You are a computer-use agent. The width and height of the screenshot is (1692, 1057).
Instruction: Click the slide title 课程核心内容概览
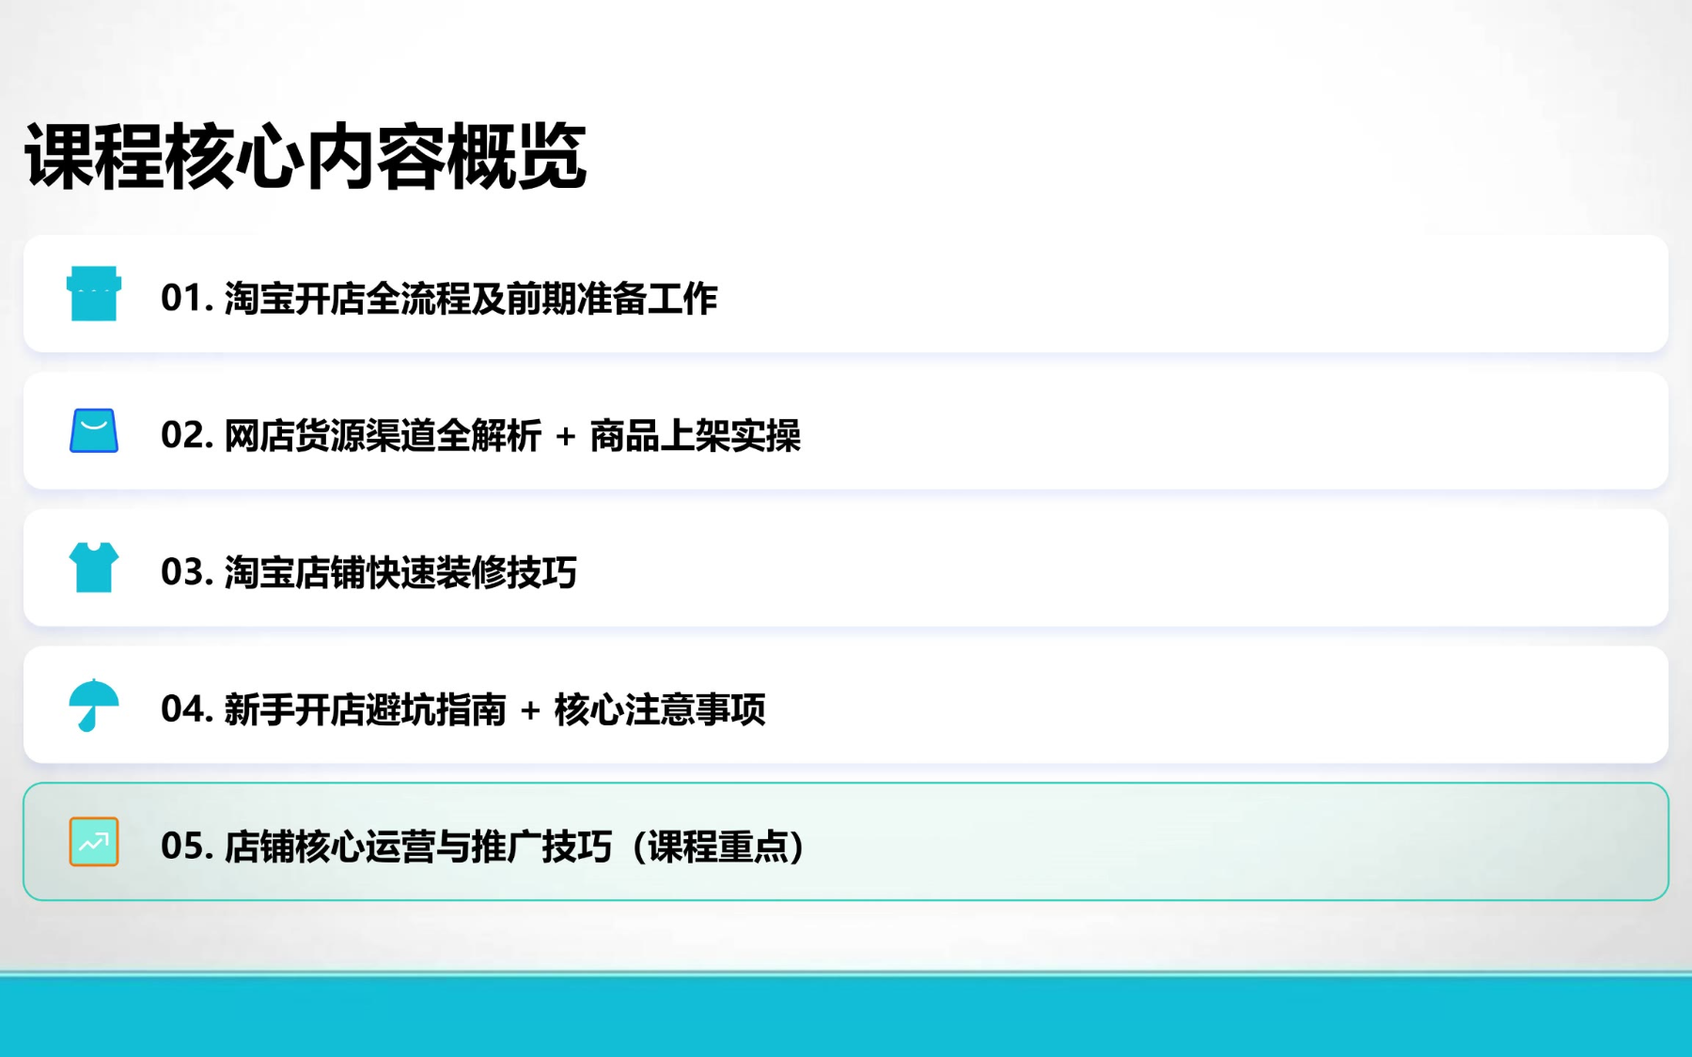(305, 156)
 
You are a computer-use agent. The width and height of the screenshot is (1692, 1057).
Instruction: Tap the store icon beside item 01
(94, 293)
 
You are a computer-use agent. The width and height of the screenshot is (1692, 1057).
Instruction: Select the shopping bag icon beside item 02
(94, 430)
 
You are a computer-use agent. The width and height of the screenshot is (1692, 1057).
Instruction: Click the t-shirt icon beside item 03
(94, 567)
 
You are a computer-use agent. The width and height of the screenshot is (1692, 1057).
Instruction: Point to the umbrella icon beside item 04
(94, 705)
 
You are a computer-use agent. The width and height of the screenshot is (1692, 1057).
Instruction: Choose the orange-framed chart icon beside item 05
(94, 842)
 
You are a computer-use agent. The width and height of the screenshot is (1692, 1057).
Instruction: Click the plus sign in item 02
(566, 437)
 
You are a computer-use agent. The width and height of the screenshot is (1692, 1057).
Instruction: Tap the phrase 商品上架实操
(696, 436)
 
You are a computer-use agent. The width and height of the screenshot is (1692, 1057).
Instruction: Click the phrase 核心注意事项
(660, 710)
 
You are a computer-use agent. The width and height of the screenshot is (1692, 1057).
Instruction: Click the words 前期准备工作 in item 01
(612, 299)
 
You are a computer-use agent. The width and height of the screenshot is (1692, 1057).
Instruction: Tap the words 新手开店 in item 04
(295, 710)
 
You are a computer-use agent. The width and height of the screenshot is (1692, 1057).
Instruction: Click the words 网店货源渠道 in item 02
(330, 436)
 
